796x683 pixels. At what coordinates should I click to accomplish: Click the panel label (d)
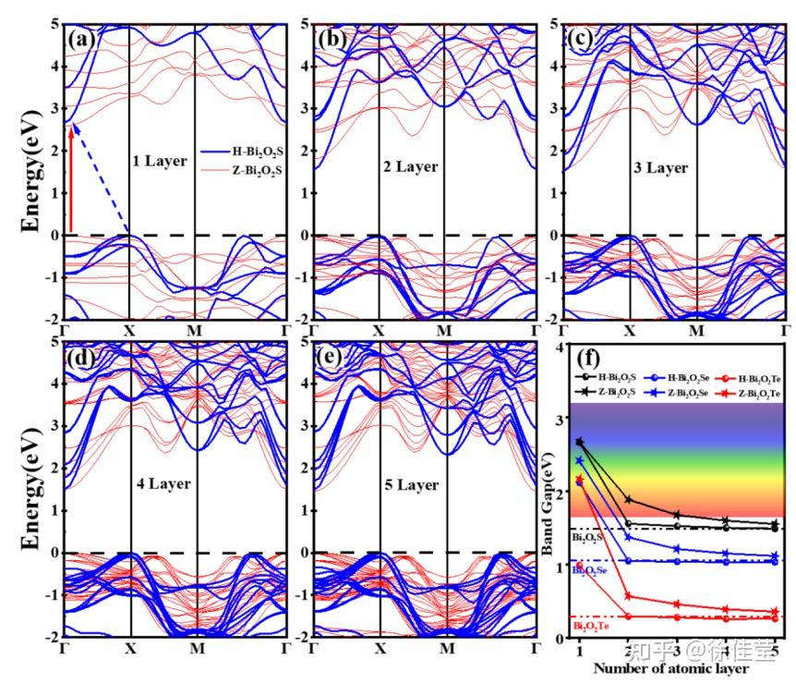click(x=80, y=359)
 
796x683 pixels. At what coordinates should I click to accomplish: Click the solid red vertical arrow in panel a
click(x=71, y=177)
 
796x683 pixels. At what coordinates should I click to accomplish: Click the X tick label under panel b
click(x=378, y=330)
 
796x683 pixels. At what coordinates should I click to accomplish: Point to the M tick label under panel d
click(x=197, y=648)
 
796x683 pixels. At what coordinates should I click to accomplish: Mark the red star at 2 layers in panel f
click(x=629, y=596)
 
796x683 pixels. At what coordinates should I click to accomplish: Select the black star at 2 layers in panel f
click(x=629, y=500)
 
